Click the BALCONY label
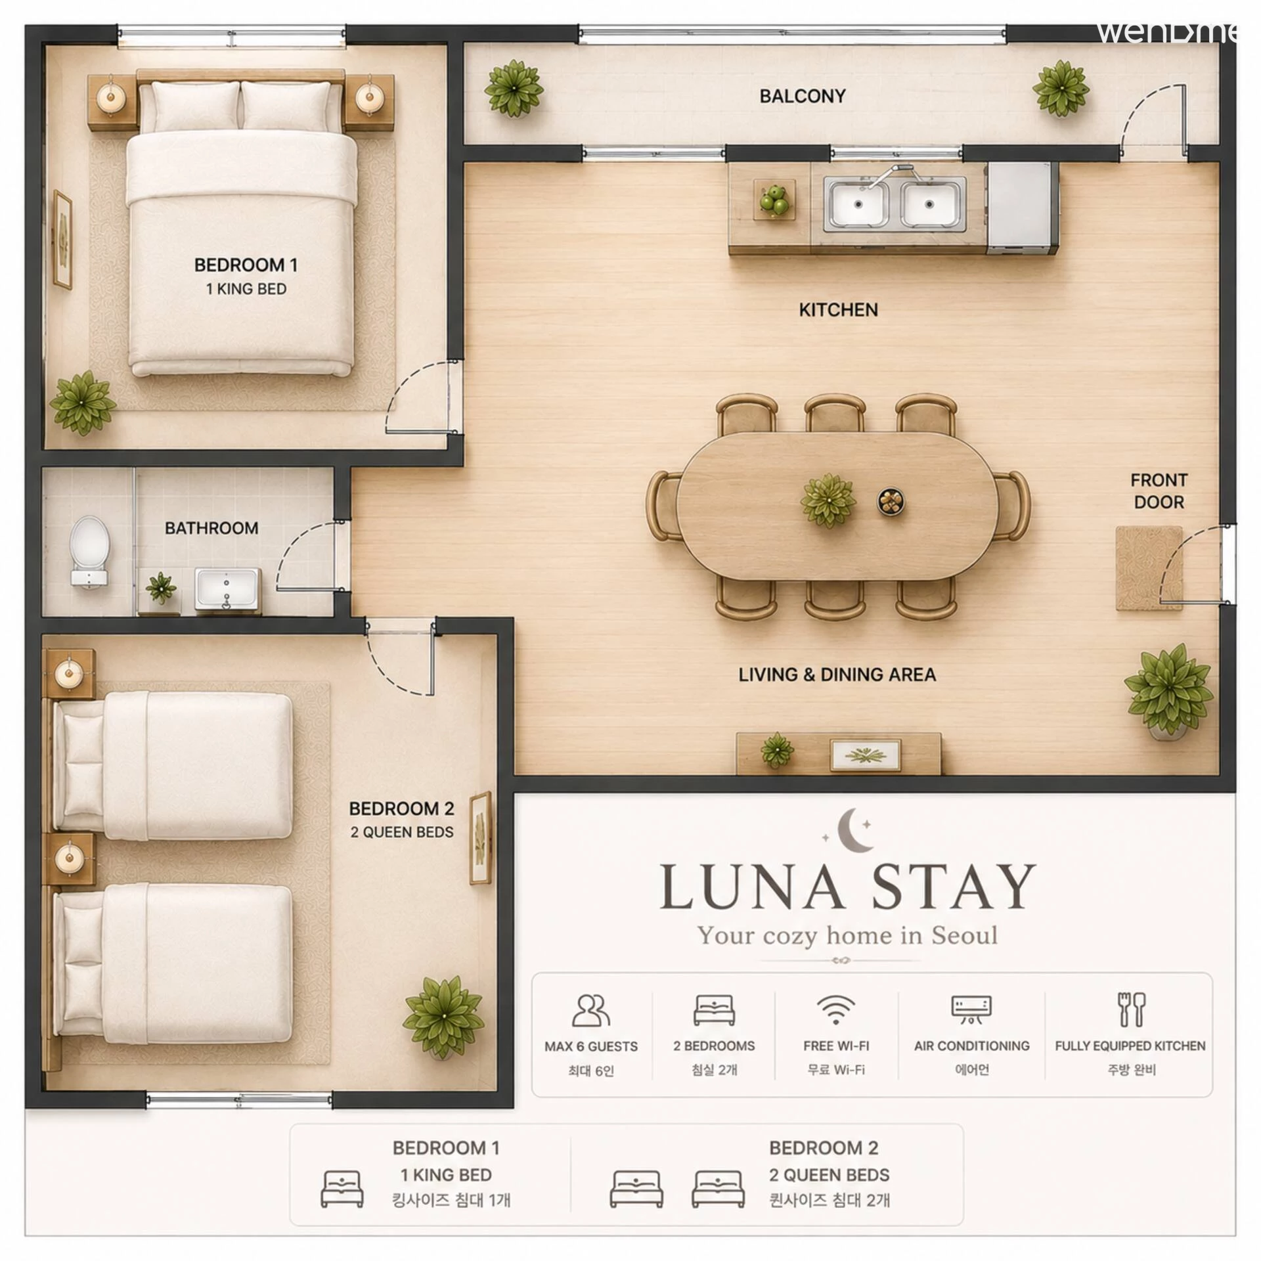point(802,97)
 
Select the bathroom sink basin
point(227,587)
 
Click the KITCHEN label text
point(838,310)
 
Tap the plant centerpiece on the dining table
point(828,500)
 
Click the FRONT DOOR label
point(1159,491)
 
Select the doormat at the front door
point(1149,568)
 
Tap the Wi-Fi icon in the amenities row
point(835,1010)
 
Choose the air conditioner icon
point(971,1010)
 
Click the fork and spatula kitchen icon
point(1131,1009)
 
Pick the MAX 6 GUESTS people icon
point(591,1010)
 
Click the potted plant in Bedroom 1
point(82,403)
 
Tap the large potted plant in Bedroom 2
point(444,1018)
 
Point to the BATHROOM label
point(211,528)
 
